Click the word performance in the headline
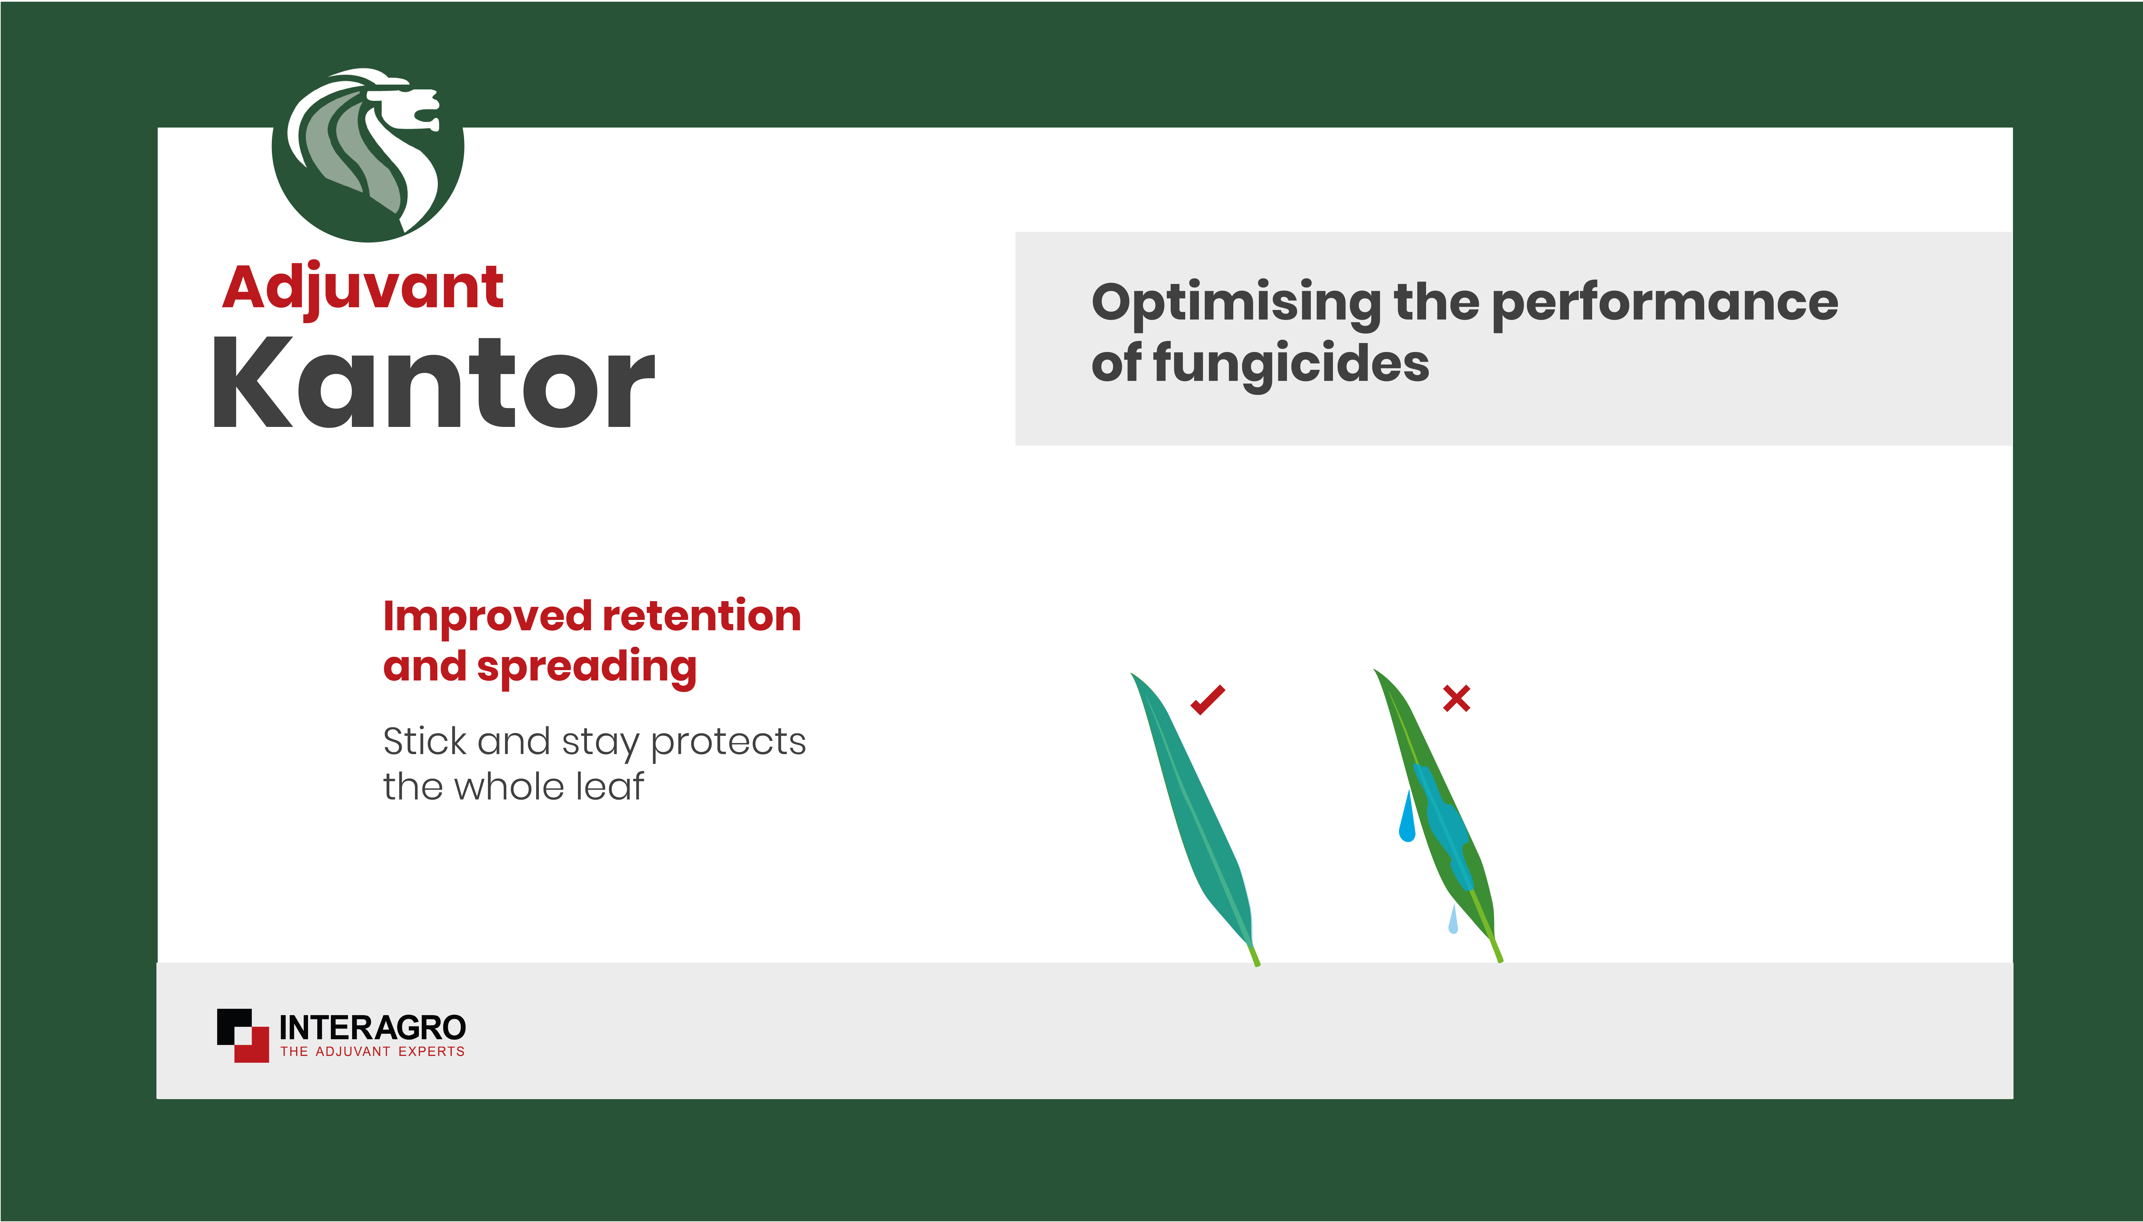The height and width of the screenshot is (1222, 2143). (x=1665, y=304)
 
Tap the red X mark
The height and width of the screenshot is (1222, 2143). (x=1457, y=698)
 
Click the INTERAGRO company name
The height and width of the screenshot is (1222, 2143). (x=372, y=1027)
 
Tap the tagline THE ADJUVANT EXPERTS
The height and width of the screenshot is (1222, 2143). (x=372, y=1052)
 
